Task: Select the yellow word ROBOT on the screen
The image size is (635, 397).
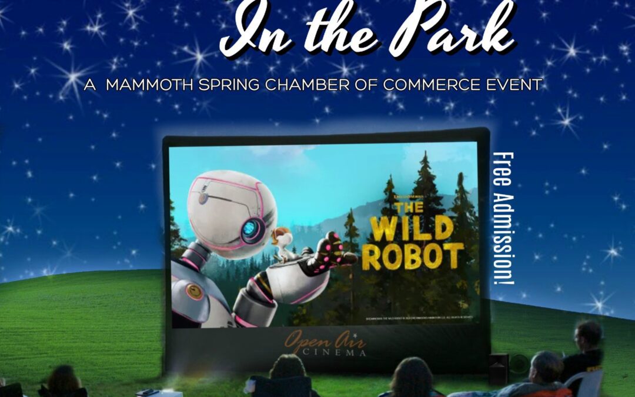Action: (412, 257)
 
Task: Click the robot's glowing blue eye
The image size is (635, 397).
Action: (252, 230)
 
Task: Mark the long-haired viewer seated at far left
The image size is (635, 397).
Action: (63, 381)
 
